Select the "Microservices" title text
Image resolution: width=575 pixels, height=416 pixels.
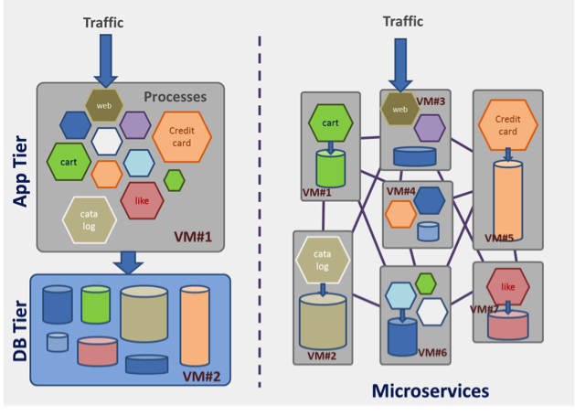pos(430,391)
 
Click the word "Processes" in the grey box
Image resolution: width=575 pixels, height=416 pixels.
pos(176,97)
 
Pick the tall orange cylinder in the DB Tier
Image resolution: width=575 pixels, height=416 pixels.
pos(195,326)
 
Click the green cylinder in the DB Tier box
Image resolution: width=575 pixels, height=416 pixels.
pos(95,304)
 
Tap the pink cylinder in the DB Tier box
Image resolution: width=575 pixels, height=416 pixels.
pos(97,350)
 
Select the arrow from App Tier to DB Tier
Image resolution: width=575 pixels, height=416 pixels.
pos(129,262)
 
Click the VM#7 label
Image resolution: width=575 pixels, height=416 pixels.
pos(484,309)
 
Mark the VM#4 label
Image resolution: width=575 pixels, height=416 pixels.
pos(401,191)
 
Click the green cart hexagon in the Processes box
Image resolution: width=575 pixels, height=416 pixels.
pos(69,163)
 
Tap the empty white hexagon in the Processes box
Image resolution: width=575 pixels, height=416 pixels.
pos(107,141)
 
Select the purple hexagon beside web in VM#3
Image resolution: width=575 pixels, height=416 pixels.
pos(429,128)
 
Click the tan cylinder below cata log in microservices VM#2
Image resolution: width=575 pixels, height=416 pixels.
pos(323,320)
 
